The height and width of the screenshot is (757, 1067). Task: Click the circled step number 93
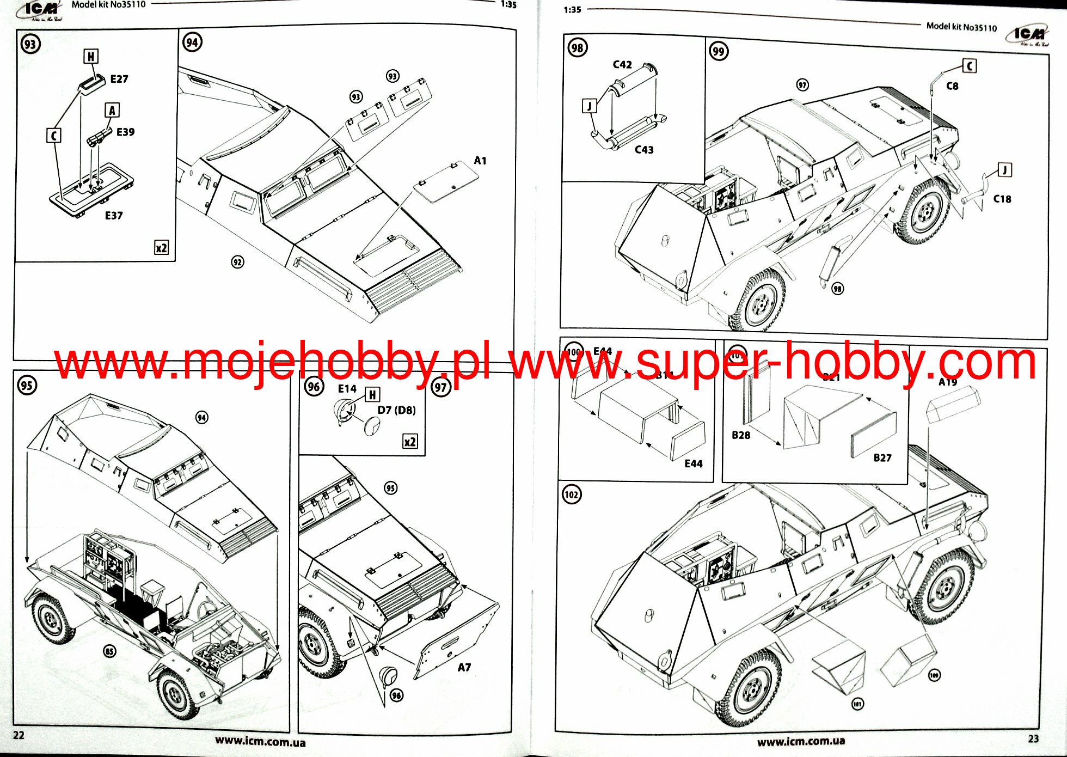(x=30, y=44)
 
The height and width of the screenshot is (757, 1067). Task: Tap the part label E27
(x=119, y=80)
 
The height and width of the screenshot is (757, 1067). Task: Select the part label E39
(x=125, y=132)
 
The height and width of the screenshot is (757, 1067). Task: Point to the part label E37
(x=114, y=216)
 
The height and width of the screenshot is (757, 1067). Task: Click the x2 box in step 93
(x=161, y=248)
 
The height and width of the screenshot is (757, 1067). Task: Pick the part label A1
(x=480, y=161)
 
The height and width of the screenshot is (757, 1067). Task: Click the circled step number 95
(x=27, y=386)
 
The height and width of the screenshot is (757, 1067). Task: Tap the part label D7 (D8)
(x=396, y=410)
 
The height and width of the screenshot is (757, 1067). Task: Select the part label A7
(x=464, y=668)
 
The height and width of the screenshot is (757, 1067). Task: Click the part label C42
(x=622, y=65)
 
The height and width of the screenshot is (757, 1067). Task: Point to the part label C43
(x=644, y=150)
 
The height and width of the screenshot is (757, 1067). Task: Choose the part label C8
(x=952, y=86)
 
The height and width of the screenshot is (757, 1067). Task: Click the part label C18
(x=1002, y=199)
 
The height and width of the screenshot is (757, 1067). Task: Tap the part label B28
(x=741, y=435)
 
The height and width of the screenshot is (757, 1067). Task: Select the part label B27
(x=882, y=458)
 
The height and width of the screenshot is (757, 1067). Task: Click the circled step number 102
(x=571, y=495)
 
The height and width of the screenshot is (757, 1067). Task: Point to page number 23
(x=1033, y=738)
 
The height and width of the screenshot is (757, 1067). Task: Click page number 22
(x=19, y=735)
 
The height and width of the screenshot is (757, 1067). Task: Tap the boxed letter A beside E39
(x=112, y=111)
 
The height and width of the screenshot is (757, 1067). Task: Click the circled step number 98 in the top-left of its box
(x=577, y=48)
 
